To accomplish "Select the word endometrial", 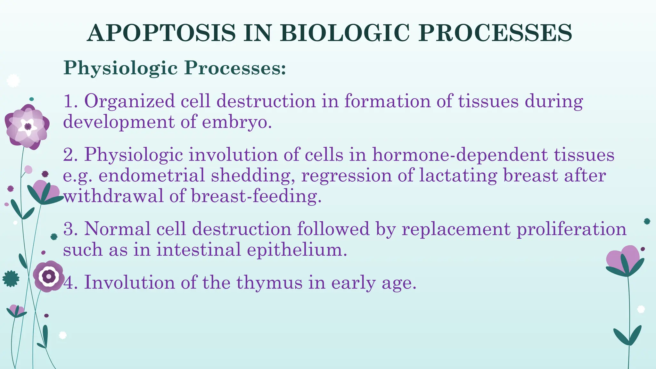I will tap(151, 176).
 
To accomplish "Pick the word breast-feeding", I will tap(256, 196).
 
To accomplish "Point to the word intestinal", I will tap(199, 250).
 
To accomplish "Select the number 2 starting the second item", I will tap(68, 155).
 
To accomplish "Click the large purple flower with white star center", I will tap(27, 127).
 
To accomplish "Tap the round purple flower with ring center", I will tap(48, 276).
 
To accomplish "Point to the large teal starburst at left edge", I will tap(11, 278).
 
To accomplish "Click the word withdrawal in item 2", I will tap(113, 196).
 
